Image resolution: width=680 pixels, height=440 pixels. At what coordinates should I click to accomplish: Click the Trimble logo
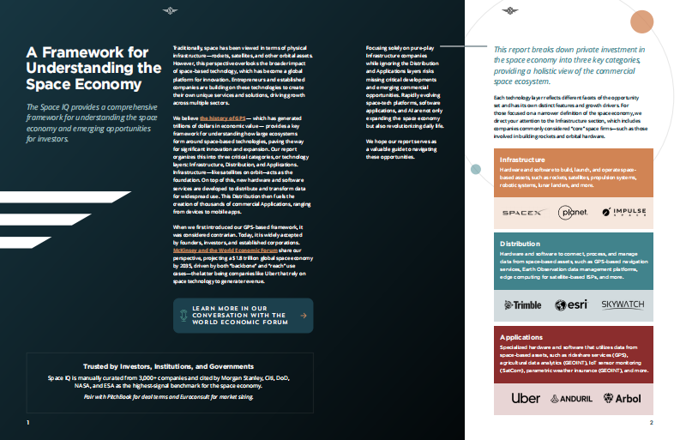(x=522, y=304)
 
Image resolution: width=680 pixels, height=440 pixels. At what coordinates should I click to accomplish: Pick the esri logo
(x=571, y=304)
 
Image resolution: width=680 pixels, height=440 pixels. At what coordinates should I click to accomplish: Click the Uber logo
(x=525, y=398)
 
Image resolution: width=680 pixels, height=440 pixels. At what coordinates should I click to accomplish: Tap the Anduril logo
(x=573, y=399)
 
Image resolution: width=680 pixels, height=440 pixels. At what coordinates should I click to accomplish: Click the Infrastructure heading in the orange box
(x=525, y=160)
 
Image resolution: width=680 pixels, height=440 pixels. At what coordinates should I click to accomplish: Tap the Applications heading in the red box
(x=521, y=338)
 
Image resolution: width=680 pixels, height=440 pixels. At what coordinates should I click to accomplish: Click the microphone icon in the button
(x=182, y=316)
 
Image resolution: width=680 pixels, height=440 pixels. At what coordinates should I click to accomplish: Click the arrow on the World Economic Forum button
(x=302, y=316)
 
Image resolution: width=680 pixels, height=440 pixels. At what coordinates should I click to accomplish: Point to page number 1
(x=28, y=423)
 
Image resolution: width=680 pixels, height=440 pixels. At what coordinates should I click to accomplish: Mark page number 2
(x=652, y=423)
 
